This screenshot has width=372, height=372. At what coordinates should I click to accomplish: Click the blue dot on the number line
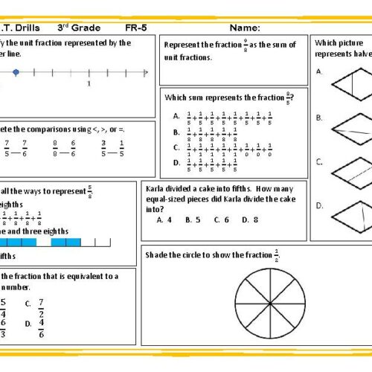coord(16,72)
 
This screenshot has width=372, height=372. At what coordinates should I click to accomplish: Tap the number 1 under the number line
coord(89,84)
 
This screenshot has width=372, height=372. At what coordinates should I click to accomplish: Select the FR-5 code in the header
coord(135,28)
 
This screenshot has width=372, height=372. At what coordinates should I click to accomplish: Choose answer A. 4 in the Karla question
coord(164,220)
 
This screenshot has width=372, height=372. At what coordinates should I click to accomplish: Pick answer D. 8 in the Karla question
coord(250,220)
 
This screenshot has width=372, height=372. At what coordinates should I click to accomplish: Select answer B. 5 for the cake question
coord(193,220)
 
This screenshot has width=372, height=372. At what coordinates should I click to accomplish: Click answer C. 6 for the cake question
coord(221,220)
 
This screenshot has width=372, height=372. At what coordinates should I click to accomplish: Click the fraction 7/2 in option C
coord(41,308)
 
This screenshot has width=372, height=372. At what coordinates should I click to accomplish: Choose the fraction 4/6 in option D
coord(41,328)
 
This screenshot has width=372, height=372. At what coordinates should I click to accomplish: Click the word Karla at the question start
coord(156,189)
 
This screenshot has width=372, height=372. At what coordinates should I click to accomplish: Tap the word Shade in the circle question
coord(158,255)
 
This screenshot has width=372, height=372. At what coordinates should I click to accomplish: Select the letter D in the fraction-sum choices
coord(176,162)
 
